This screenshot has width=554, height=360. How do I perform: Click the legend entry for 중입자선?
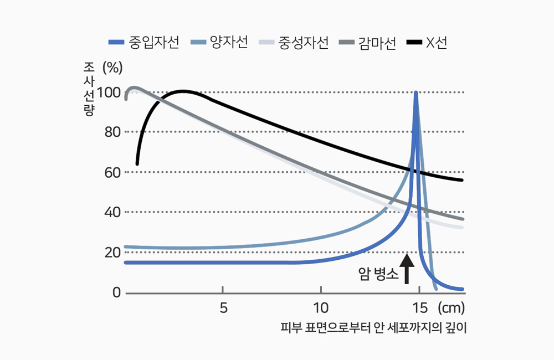(x=144, y=43)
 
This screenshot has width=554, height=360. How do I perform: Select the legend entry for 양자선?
(x=218, y=43)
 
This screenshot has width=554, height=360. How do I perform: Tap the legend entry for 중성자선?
(x=294, y=43)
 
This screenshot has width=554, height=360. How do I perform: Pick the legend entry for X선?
(x=427, y=43)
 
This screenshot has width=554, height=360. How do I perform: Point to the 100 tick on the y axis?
(x=109, y=92)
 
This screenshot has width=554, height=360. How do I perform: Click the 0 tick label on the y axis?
(x=117, y=292)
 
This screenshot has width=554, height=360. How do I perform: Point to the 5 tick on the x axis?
(x=223, y=307)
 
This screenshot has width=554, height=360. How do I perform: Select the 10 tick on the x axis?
(x=321, y=307)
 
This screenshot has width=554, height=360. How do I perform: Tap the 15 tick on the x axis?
(x=419, y=307)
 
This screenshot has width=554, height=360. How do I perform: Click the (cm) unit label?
(x=451, y=307)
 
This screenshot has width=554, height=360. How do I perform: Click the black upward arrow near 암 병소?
(x=407, y=268)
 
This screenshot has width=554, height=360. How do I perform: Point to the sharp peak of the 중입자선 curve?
(x=416, y=94)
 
